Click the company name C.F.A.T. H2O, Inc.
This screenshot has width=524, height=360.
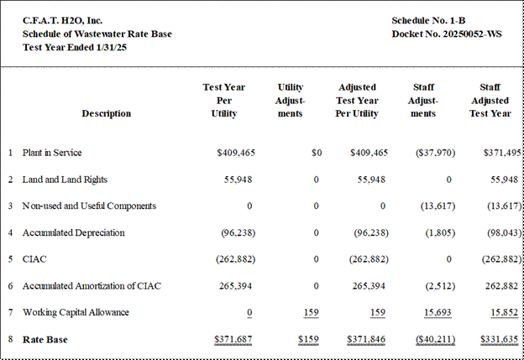(x=62, y=21)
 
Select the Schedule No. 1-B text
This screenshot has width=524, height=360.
(x=428, y=21)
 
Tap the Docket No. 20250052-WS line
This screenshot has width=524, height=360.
(x=447, y=34)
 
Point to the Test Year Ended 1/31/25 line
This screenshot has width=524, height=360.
(x=75, y=48)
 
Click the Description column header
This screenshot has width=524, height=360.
(x=107, y=113)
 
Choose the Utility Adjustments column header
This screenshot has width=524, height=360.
(x=290, y=100)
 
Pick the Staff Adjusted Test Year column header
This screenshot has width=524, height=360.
(x=490, y=100)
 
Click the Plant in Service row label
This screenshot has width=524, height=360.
(x=52, y=153)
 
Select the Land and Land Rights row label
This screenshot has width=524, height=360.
(x=65, y=180)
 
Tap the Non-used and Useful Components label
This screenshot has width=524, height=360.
(x=89, y=206)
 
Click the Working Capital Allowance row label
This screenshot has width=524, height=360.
(x=76, y=312)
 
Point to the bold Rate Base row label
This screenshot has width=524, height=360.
(x=45, y=340)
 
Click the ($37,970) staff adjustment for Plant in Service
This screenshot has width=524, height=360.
(x=436, y=153)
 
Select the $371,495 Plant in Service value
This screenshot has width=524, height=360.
(x=502, y=153)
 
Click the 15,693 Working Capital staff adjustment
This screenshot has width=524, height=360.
(x=438, y=312)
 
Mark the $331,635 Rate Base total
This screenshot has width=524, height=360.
(x=500, y=339)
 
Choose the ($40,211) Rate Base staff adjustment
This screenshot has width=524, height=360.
(x=436, y=339)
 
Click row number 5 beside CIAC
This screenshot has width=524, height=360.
(x=10, y=259)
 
